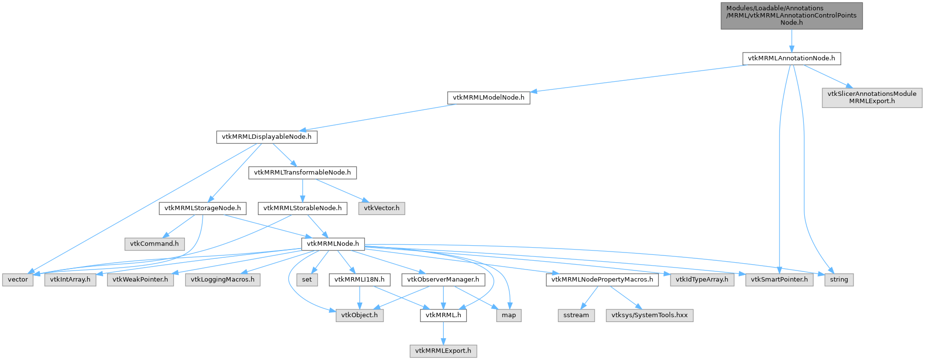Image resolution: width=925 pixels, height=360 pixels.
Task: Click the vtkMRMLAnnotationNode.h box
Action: tap(791, 58)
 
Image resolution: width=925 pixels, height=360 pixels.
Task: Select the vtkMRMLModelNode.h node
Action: tap(489, 98)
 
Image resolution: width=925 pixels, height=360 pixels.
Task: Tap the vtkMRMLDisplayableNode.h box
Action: tap(267, 137)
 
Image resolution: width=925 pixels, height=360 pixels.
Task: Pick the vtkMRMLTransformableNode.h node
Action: tap(302, 173)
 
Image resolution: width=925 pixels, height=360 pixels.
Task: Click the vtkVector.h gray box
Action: tap(381, 208)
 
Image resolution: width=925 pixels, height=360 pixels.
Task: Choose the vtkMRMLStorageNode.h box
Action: tap(202, 208)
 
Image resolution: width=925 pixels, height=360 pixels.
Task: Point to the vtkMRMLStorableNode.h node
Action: tap(302, 208)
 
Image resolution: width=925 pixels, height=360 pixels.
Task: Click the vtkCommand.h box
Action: tap(154, 244)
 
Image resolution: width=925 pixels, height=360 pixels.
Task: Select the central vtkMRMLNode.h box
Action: tap(333, 244)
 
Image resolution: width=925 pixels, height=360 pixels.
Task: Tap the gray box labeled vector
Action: tap(18, 280)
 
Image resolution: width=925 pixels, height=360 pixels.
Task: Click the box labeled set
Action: tap(307, 280)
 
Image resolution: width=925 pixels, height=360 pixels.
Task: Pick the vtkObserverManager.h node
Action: tap(443, 280)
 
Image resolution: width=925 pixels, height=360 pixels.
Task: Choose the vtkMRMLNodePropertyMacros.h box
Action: tap(602, 280)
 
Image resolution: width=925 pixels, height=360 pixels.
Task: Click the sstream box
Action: tap(576, 315)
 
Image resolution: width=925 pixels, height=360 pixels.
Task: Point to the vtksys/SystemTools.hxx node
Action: tap(650, 315)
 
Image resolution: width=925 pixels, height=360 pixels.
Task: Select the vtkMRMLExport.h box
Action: tap(443, 351)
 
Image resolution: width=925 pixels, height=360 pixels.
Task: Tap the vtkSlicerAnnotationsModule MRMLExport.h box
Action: tap(871, 98)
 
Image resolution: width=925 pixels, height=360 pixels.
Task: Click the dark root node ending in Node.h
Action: tap(791, 16)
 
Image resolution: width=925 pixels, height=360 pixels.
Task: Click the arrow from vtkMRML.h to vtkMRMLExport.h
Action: tap(443, 333)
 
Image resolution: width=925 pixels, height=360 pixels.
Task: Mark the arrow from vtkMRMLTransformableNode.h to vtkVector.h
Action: tap(339, 190)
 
